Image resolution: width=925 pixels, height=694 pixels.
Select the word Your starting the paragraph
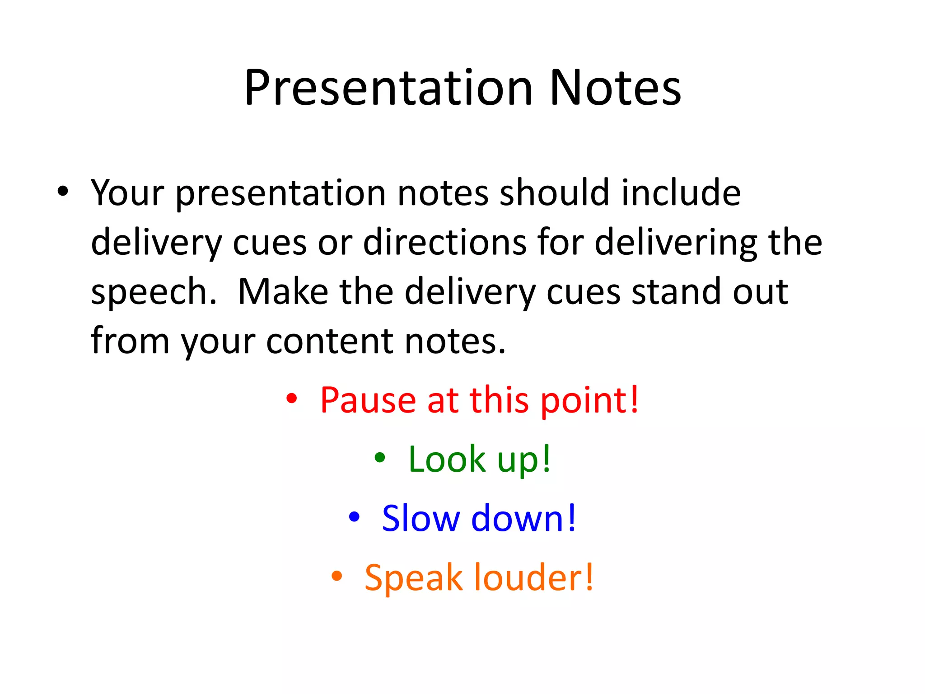pyautogui.click(x=127, y=193)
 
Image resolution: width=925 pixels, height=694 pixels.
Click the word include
pyautogui.click(x=681, y=193)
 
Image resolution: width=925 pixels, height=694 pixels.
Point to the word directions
pyautogui.click(x=445, y=243)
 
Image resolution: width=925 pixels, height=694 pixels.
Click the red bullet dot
pyautogui.click(x=292, y=399)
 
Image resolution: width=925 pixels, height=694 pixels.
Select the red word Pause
pyautogui.click(x=368, y=400)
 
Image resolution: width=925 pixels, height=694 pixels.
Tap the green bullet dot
pyautogui.click(x=380, y=458)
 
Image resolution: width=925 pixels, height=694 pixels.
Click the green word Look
pyautogui.click(x=447, y=460)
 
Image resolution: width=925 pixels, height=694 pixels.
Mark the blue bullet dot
pyautogui.click(x=354, y=516)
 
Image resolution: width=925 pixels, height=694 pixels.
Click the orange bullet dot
pyautogui.click(x=336, y=576)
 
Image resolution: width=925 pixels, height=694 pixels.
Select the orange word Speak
pyautogui.click(x=413, y=578)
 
